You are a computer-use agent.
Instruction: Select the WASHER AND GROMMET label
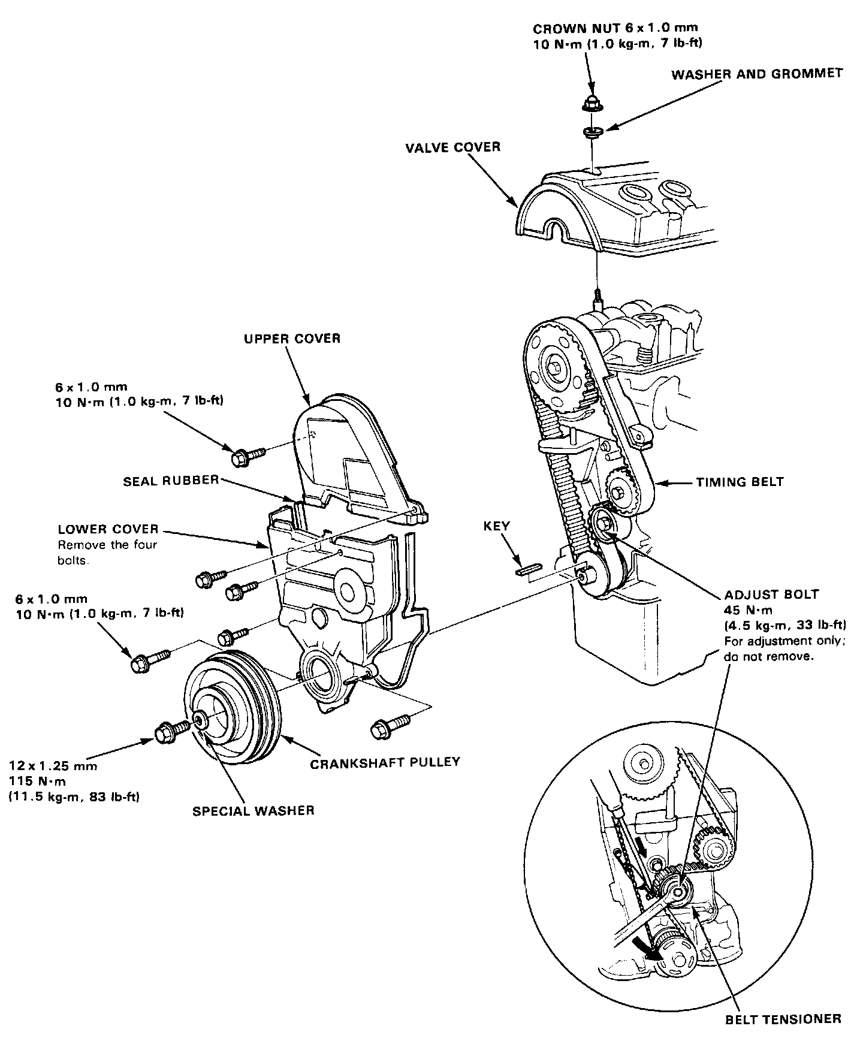pyautogui.click(x=757, y=74)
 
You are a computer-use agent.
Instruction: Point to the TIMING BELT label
pyautogui.click(x=740, y=481)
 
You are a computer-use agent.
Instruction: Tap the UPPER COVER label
pyautogui.click(x=292, y=339)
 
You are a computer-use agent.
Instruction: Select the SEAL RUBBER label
pyautogui.click(x=171, y=480)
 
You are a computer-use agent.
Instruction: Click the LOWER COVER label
pyautogui.click(x=108, y=529)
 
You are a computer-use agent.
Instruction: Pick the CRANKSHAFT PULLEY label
pyautogui.click(x=385, y=762)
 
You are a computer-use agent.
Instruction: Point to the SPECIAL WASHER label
pyautogui.click(x=254, y=811)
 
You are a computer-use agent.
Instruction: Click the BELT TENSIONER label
pyautogui.click(x=781, y=1018)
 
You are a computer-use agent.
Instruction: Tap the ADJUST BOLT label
pyautogui.click(x=771, y=595)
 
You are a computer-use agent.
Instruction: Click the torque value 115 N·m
pyautogui.click(x=37, y=781)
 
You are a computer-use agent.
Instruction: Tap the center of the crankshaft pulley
pyautogui.click(x=201, y=721)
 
